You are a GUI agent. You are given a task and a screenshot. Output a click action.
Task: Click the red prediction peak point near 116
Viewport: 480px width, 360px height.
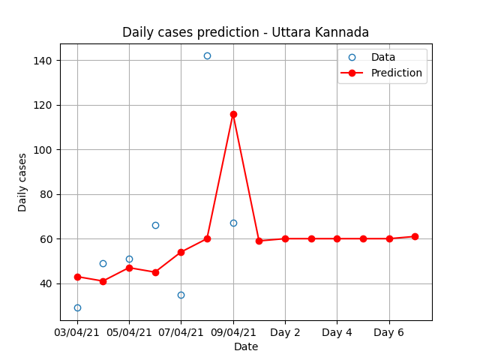(233, 115)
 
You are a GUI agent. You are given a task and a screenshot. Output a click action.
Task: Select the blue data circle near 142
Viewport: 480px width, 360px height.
(207, 56)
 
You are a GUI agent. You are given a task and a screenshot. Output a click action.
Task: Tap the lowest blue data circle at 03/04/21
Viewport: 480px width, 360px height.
(77, 308)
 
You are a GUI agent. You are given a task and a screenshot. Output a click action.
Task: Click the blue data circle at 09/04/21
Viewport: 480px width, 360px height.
(233, 223)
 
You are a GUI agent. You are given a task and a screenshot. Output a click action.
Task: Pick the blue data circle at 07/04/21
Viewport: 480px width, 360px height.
(181, 295)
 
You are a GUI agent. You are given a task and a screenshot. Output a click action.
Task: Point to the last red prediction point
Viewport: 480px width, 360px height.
(415, 237)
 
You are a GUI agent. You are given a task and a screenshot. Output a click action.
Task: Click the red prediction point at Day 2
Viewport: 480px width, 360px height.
(285, 238)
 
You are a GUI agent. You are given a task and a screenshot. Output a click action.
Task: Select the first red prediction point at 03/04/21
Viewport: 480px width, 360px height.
(77, 277)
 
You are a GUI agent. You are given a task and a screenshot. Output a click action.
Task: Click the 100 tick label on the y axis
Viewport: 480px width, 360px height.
(43, 150)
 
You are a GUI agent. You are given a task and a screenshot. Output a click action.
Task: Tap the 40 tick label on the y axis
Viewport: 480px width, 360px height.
(46, 283)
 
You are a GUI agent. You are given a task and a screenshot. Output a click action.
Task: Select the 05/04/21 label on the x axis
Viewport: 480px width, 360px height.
(129, 332)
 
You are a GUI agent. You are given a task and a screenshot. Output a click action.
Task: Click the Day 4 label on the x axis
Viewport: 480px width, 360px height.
(337, 332)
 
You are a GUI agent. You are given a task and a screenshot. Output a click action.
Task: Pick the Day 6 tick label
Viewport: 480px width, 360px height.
(388, 332)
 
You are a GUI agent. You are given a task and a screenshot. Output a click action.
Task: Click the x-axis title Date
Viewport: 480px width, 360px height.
(246, 346)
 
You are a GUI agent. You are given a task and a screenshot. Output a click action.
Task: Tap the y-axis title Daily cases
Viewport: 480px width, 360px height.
(22, 183)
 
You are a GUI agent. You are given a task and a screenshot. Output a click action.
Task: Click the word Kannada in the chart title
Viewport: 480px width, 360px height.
(342, 32)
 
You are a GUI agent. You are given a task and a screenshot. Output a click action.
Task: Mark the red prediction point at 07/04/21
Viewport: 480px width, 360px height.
(181, 252)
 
